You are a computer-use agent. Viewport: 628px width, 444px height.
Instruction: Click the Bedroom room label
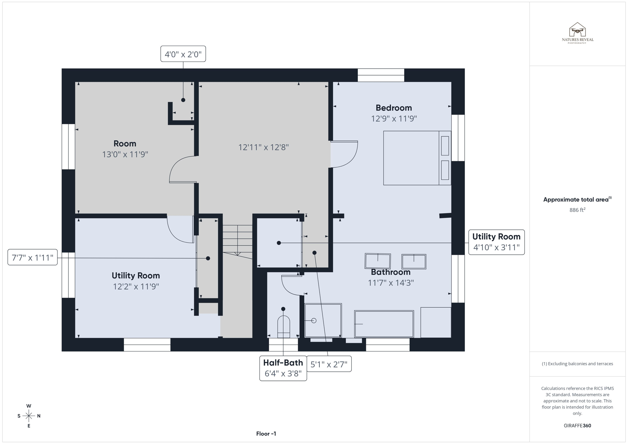pos(393,108)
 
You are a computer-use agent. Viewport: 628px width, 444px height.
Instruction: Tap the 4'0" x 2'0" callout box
pos(183,54)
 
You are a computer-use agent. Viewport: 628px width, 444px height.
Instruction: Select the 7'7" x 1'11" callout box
pos(33,257)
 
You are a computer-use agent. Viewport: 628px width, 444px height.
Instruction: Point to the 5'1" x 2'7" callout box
pos(329,364)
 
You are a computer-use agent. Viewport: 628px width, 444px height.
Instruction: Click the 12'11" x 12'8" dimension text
pos(263,147)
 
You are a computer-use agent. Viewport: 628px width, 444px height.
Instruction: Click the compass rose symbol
pos(29,416)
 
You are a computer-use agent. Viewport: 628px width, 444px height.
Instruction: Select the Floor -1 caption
pos(266,434)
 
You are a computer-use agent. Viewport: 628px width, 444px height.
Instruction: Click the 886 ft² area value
pos(577,210)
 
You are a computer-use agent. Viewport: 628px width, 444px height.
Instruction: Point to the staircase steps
pos(237,239)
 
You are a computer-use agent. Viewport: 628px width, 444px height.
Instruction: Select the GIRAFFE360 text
pos(577,426)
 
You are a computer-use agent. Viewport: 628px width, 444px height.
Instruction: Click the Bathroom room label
pos(390,272)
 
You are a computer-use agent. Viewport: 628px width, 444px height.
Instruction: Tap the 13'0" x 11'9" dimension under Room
pos(125,154)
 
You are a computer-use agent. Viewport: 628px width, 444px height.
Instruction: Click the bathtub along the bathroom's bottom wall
pos(384,324)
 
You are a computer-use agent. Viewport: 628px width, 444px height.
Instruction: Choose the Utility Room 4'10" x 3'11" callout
pos(496,242)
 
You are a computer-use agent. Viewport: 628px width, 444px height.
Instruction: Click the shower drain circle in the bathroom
pos(313,321)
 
